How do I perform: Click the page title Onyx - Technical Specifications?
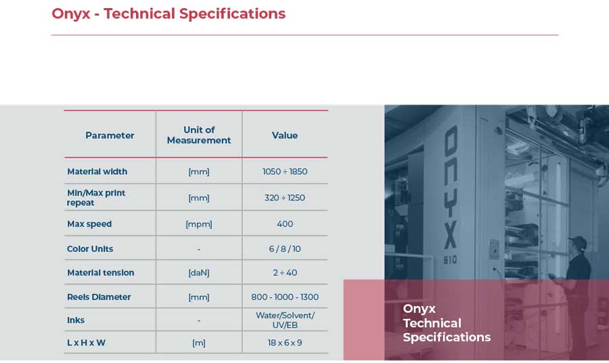(168, 14)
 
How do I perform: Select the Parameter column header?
(110, 135)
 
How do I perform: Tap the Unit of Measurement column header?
(199, 135)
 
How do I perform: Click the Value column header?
(285, 135)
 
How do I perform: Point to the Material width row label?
(97, 171)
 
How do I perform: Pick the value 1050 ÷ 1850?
(285, 171)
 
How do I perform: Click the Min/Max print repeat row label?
(96, 198)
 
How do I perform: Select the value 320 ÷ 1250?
(285, 198)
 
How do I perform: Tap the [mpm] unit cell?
(199, 224)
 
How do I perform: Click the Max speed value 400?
(285, 224)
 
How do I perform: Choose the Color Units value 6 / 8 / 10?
(285, 249)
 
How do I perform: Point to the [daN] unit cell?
(199, 273)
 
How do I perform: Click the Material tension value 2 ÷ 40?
(285, 272)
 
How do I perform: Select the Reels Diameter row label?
(99, 297)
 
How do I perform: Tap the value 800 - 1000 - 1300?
(285, 297)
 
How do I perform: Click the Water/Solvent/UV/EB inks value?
(285, 320)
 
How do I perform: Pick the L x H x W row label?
(86, 343)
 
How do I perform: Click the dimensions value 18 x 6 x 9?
(285, 343)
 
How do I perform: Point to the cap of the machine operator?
(578, 241)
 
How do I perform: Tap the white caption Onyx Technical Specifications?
(447, 322)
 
